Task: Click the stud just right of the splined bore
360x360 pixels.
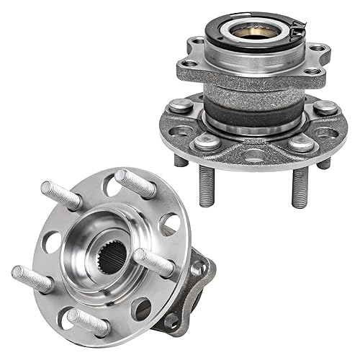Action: click(x=156, y=264)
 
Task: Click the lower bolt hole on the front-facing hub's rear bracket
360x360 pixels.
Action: click(x=173, y=318)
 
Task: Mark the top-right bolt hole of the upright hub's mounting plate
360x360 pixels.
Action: click(x=315, y=48)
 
